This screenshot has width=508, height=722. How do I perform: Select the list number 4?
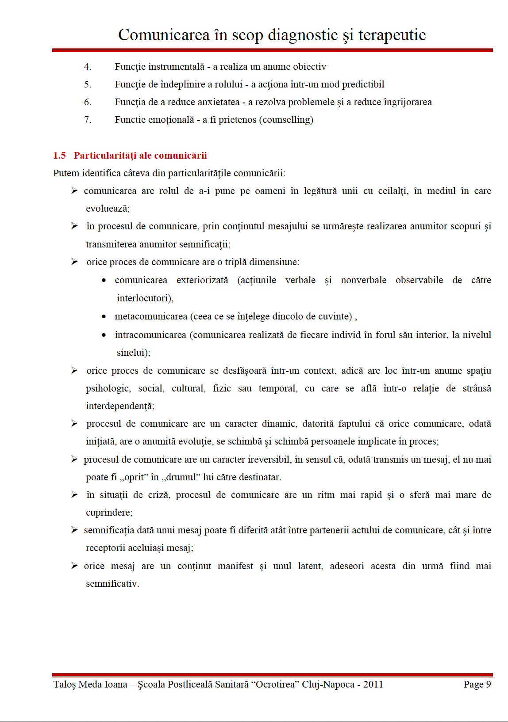(88, 67)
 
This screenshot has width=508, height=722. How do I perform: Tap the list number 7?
(88, 120)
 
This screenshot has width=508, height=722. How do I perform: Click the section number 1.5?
(59, 156)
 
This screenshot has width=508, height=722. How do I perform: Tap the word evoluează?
(108, 209)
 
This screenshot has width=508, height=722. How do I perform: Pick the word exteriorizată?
(202, 280)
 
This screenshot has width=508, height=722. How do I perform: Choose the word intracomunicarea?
(150, 335)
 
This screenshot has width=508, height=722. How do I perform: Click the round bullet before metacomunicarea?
(104, 316)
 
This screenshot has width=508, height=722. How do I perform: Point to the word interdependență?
(120, 406)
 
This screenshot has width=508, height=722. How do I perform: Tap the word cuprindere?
(109, 513)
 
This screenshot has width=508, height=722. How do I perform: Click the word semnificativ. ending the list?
(112, 584)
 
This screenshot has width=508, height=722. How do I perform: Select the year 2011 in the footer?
(373, 684)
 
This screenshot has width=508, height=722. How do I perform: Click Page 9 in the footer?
(477, 684)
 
